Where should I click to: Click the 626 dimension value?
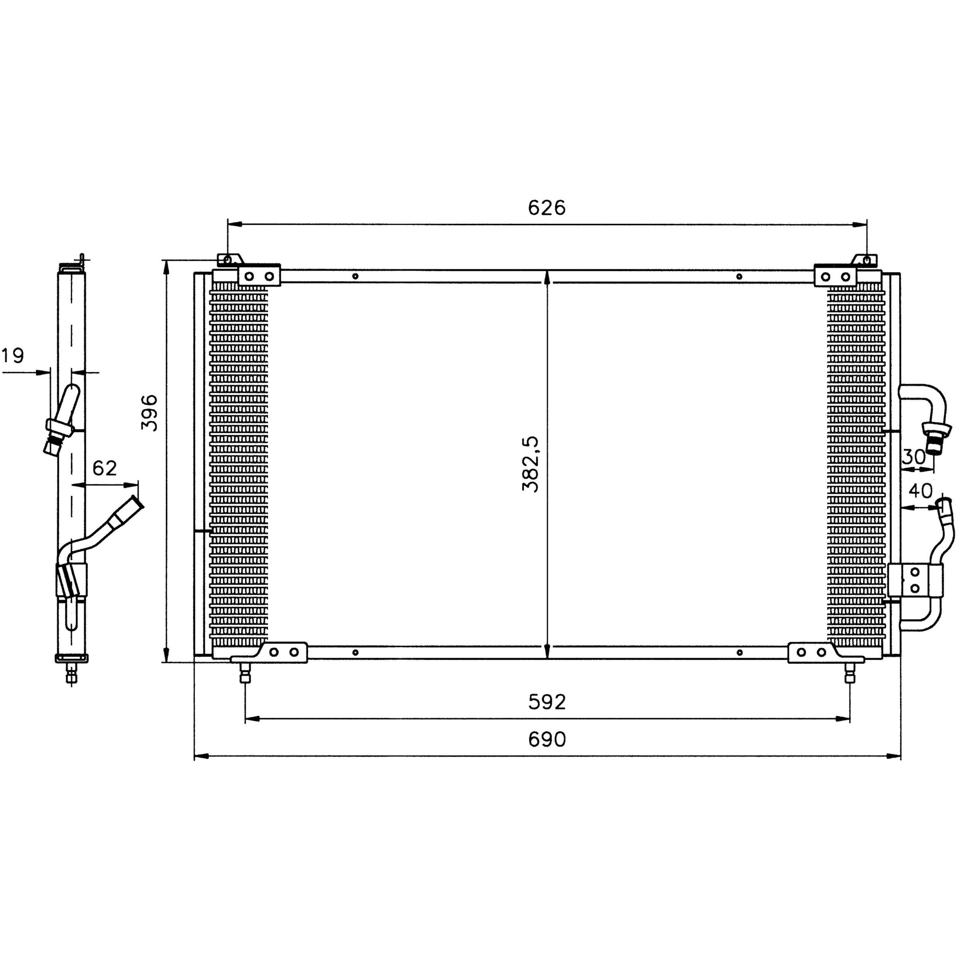pyautogui.click(x=546, y=208)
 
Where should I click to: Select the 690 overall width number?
pyautogui.click(x=546, y=739)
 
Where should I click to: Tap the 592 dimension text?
pyautogui.click(x=546, y=702)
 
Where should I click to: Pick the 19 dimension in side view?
pyautogui.click(x=13, y=356)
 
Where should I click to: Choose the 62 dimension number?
pyautogui.click(x=104, y=468)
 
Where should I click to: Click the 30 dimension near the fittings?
pyautogui.click(x=913, y=456)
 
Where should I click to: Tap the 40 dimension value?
pyautogui.click(x=920, y=491)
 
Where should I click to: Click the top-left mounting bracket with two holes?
pyautogui.click(x=259, y=276)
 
